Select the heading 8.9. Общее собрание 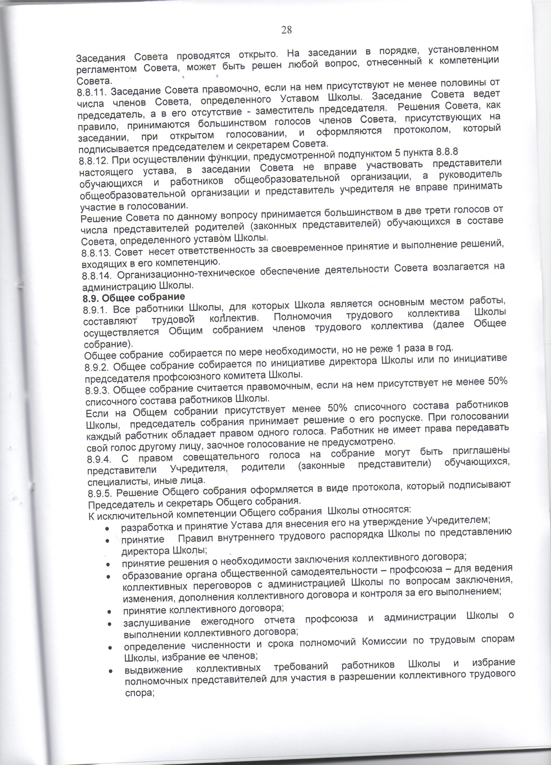(134, 297)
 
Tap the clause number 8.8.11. (92, 92)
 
